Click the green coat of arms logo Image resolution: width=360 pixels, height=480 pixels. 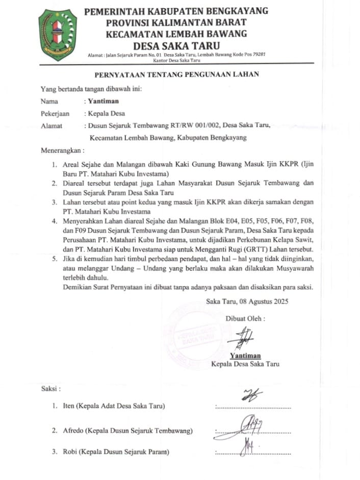click(x=58, y=35)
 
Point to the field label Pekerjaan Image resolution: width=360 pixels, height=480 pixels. click(x=55, y=113)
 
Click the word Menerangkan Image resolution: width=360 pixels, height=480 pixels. click(x=62, y=151)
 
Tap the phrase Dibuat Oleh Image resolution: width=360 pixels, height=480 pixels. click(x=245, y=318)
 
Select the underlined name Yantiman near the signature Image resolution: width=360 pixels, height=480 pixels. click(x=245, y=356)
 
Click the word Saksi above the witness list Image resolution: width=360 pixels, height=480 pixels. click(x=50, y=389)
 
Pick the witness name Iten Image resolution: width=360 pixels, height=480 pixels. click(x=68, y=406)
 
